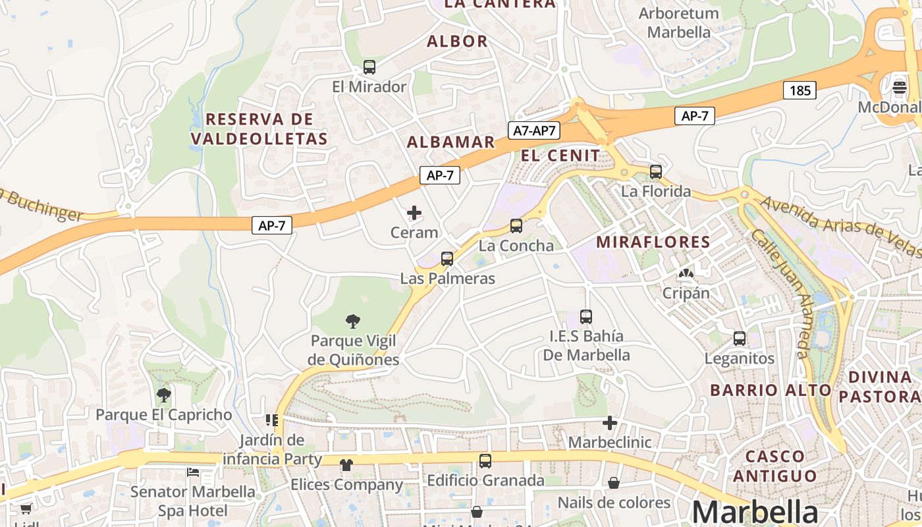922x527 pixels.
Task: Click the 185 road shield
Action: pos(800,90)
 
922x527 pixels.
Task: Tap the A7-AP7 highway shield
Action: pos(535,130)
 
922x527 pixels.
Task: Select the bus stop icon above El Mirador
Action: pos(369,67)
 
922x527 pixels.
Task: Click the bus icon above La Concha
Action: pos(516,226)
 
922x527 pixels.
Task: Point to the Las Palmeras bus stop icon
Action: pos(447,259)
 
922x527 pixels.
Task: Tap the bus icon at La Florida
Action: pos(656,172)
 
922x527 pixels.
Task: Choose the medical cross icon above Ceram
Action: pos(414,213)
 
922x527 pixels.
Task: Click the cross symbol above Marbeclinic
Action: pos(610,423)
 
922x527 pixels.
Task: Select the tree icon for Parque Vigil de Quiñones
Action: pos(353,321)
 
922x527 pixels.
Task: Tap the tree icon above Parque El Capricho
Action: pos(164,395)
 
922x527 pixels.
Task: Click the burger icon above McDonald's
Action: pos(900,87)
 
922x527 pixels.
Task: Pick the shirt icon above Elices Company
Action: pos(346,465)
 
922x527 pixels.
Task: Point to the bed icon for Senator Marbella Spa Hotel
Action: pos(193,472)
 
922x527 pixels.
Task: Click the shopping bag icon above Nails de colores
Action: pos(614,484)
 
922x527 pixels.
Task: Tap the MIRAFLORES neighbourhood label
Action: pos(653,242)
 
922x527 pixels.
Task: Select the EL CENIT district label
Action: pos(560,155)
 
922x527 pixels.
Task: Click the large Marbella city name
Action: pos(755,513)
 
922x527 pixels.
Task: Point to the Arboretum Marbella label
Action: pos(679,22)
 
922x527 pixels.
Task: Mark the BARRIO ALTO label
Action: pos(771,390)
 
